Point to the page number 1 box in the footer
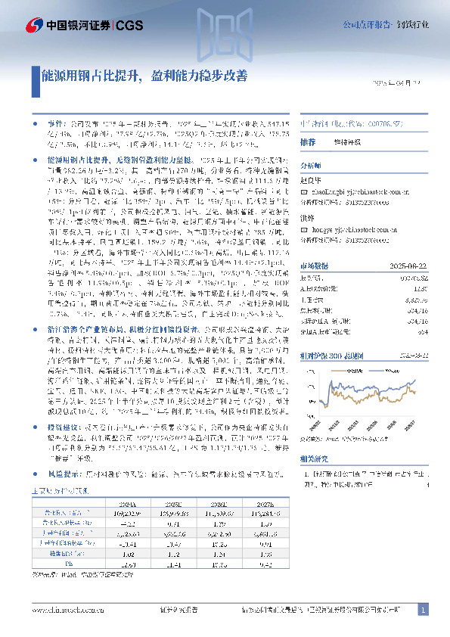[x=424, y=610]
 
